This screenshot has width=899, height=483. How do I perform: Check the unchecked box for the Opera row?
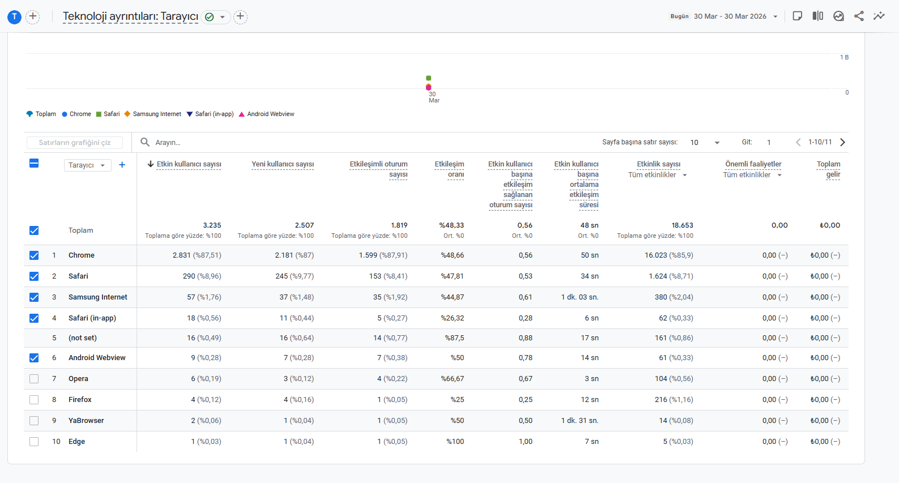34,379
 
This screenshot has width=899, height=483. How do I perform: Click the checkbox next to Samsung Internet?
34,297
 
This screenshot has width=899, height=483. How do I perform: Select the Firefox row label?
80,400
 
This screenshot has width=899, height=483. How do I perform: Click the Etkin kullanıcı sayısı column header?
189,164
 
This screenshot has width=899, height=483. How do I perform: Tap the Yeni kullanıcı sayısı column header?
283,164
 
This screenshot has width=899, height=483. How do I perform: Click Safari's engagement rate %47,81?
452,276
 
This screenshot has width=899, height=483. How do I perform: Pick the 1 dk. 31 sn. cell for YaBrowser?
580,420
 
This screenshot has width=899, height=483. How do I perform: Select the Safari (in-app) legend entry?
210,114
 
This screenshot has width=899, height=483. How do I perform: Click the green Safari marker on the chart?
429,78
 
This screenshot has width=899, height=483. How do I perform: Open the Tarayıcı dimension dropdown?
87,165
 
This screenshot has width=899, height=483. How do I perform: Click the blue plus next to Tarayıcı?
122,165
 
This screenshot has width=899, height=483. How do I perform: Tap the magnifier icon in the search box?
145,142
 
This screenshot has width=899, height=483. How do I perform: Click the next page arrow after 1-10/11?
843,143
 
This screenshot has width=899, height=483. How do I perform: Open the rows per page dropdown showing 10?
705,143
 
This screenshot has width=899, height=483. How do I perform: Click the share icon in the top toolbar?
859,16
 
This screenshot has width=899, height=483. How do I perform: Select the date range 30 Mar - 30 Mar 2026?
730,16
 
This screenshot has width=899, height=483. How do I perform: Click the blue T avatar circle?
15,17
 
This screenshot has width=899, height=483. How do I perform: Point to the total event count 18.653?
682,225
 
